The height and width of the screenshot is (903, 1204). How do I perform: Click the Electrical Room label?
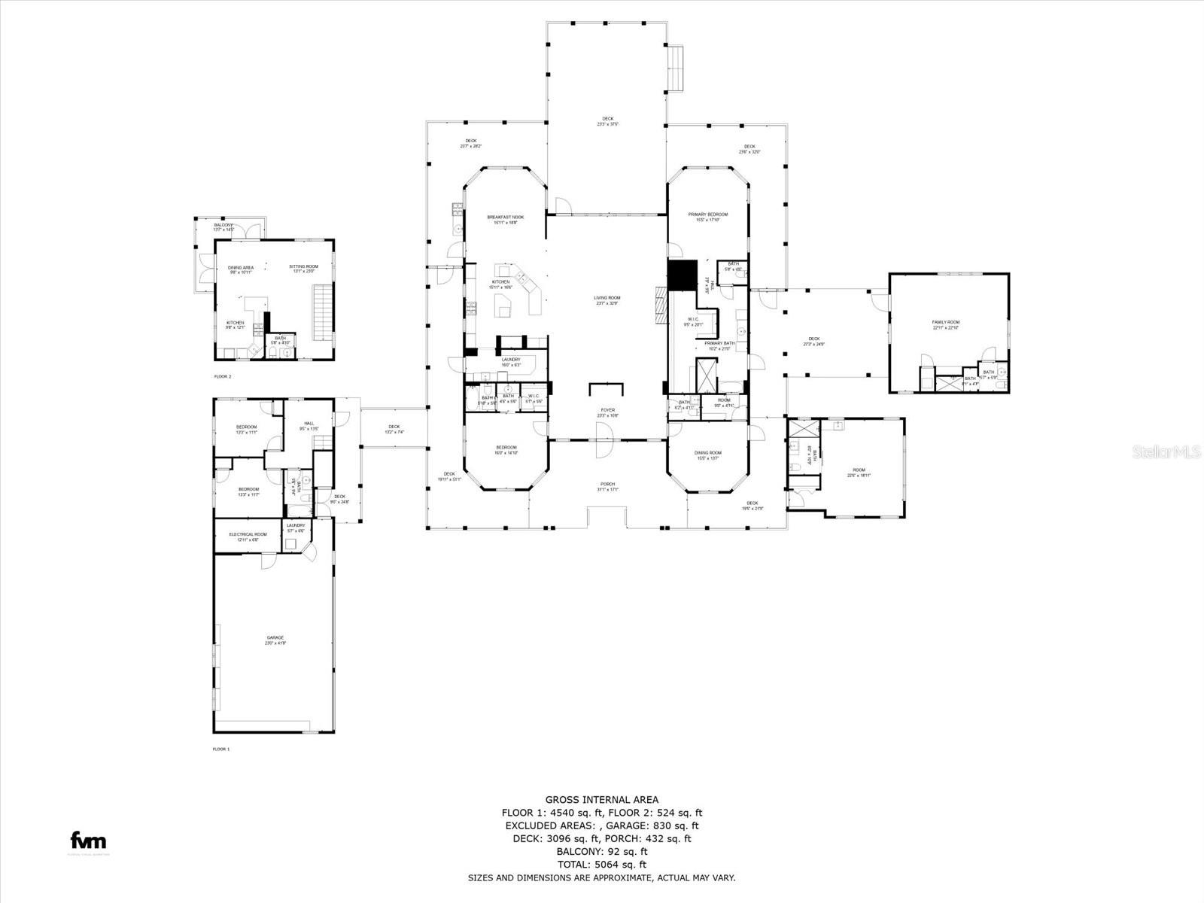(248, 536)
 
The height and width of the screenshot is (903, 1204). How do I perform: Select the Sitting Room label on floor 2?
(303, 268)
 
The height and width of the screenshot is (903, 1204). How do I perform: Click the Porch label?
(607, 485)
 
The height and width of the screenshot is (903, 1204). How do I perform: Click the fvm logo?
(88, 841)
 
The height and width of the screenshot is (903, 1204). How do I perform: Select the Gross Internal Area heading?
(602, 800)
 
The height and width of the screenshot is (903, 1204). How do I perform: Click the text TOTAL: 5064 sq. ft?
(602, 865)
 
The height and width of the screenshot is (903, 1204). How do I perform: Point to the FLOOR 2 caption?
(222, 375)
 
